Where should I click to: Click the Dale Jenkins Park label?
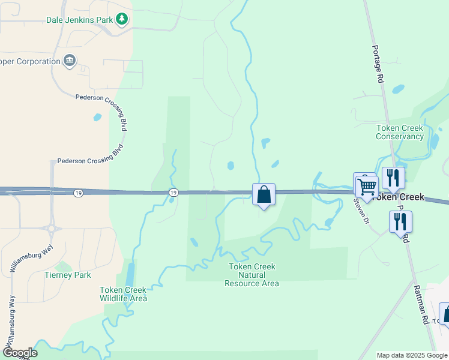point(80,20)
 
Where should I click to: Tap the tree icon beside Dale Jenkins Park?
point(122,19)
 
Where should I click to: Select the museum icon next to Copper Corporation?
point(70,61)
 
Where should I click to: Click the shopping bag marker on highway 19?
point(264,194)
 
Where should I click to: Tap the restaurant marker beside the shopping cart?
point(393,178)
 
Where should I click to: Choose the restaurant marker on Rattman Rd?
point(400,221)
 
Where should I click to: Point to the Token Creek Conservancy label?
point(400,132)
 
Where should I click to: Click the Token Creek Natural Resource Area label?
point(252,275)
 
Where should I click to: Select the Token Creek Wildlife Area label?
point(123,293)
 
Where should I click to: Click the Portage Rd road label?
point(378,64)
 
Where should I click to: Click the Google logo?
point(20,353)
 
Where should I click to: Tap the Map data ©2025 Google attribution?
point(412,355)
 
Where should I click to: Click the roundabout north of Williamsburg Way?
point(52,228)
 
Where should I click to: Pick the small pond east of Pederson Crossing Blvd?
point(97,117)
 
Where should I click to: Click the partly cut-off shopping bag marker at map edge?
point(445,314)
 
